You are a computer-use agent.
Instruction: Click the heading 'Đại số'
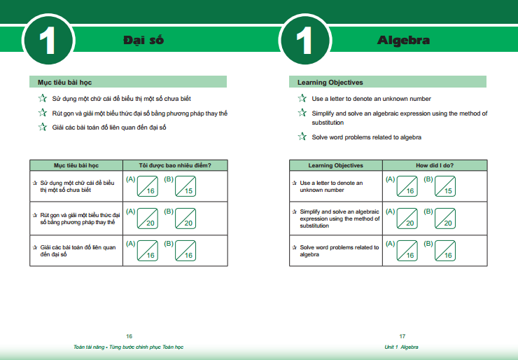(x=143, y=40)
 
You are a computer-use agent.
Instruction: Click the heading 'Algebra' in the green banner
(x=403, y=41)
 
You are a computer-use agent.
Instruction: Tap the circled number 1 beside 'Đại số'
(x=48, y=40)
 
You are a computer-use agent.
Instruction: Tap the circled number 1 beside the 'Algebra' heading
(x=305, y=40)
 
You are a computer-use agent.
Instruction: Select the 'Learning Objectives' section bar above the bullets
(x=388, y=82)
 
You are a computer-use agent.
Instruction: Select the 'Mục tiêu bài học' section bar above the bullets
(x=128, y=82)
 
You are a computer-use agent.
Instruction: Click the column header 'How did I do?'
(x=435, y=165)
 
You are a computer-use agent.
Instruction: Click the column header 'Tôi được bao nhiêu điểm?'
(x=175, y=165)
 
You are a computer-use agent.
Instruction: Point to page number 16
(x=129, y=336)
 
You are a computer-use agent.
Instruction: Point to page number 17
(x=402, y=336)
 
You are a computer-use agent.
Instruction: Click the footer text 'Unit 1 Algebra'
(x=401, y=347)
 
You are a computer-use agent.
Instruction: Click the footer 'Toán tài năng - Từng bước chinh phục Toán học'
(x=129, y=347)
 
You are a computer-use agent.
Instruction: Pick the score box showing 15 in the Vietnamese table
(x=185, y=186)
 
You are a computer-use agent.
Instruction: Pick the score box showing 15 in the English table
(x=445, y=186)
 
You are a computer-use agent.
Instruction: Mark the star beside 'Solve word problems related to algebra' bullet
(x=302, y=136)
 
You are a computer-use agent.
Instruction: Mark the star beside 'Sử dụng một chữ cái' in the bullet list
(x=42, y=98)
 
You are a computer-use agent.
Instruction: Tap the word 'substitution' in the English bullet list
(x=328, y=123)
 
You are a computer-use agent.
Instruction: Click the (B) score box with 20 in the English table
(x=445, y=219)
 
